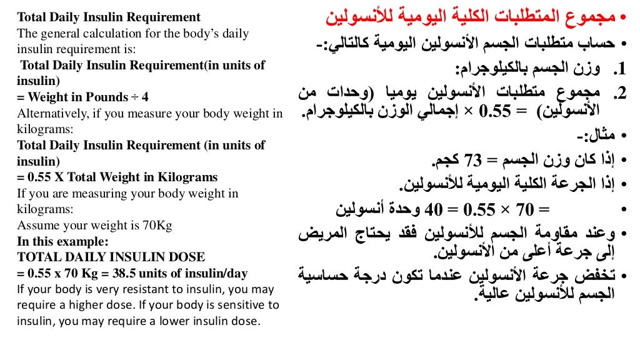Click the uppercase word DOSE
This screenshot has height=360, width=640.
pos(187,257)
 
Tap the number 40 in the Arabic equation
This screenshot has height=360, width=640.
pos(434,209)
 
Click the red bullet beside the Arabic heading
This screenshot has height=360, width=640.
pos(622,18)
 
